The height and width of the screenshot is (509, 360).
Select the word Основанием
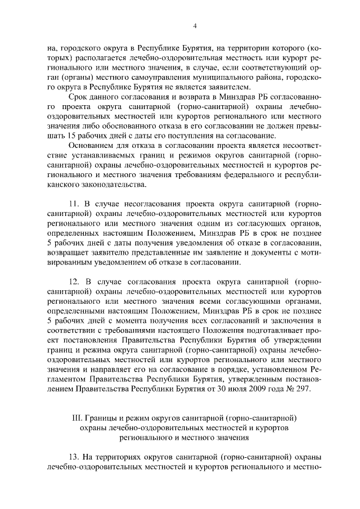point(91,146)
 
